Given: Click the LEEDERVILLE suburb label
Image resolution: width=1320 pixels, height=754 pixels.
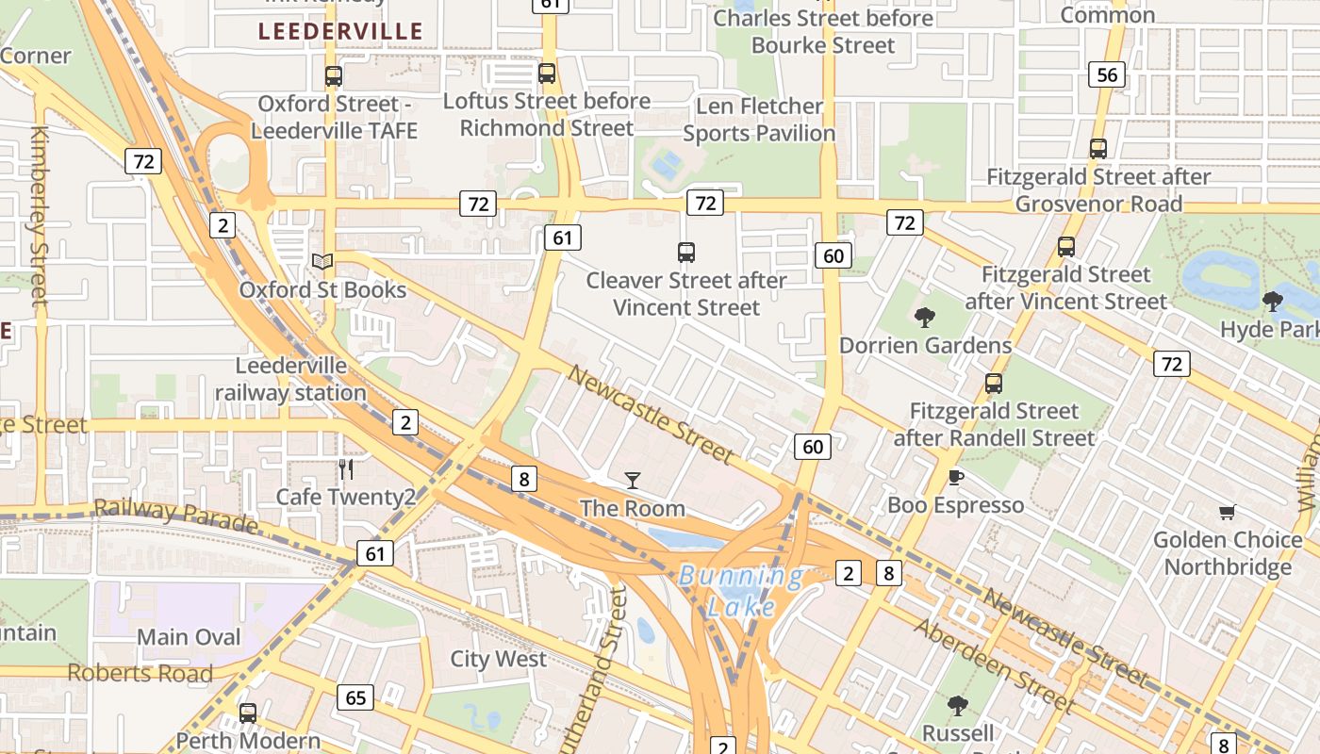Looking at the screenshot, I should pyautogui.click(x=340, y=31).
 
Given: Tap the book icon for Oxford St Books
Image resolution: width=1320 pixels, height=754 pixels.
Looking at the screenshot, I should pyautogui.click(x=322, y=261).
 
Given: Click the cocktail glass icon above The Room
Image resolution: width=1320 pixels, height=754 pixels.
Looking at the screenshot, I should pyautogui.click(x=632, y=481).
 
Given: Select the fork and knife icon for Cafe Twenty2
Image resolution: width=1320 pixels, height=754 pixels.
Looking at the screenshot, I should pyautogui.click(x=346, y=468).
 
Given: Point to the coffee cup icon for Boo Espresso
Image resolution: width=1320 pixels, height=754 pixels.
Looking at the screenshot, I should pyautogui.click(x=955, y=478).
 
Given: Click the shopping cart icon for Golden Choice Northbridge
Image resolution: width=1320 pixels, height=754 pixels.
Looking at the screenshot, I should pyautogui.click(x=1227, y=513).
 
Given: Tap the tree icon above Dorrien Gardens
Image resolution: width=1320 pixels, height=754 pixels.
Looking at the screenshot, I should pyautogui.click(x=925, y=318).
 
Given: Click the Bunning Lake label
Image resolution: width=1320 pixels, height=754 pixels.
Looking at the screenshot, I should pyautogui.click(x=742, y=590).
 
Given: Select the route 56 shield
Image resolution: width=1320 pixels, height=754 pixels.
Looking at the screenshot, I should pyautogui.click(x=1107, y=75).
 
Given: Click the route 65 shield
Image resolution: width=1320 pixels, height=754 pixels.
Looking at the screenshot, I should pyautogui.click(x=355, y=698).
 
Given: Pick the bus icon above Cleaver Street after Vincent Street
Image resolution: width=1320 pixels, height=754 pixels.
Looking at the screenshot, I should pyautogui.click(x=686, y=253).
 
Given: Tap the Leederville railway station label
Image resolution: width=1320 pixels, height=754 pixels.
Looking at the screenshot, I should pyautogui.click(x=290, y=379).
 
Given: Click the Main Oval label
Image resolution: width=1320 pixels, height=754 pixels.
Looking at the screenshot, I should pyautogui.click(x=190, y=637).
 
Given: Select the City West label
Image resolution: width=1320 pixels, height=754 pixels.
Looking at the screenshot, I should pyautogui.click(x=498, y=659).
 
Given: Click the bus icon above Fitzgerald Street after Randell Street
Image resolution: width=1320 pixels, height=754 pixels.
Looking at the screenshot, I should pyautogui.click(x=993, y=384).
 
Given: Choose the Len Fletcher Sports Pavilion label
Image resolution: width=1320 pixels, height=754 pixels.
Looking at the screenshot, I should pyautogui.click(x=759, y=120).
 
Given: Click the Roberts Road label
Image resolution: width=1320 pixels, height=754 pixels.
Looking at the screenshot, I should pyautogui.click(x=140, y=673).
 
